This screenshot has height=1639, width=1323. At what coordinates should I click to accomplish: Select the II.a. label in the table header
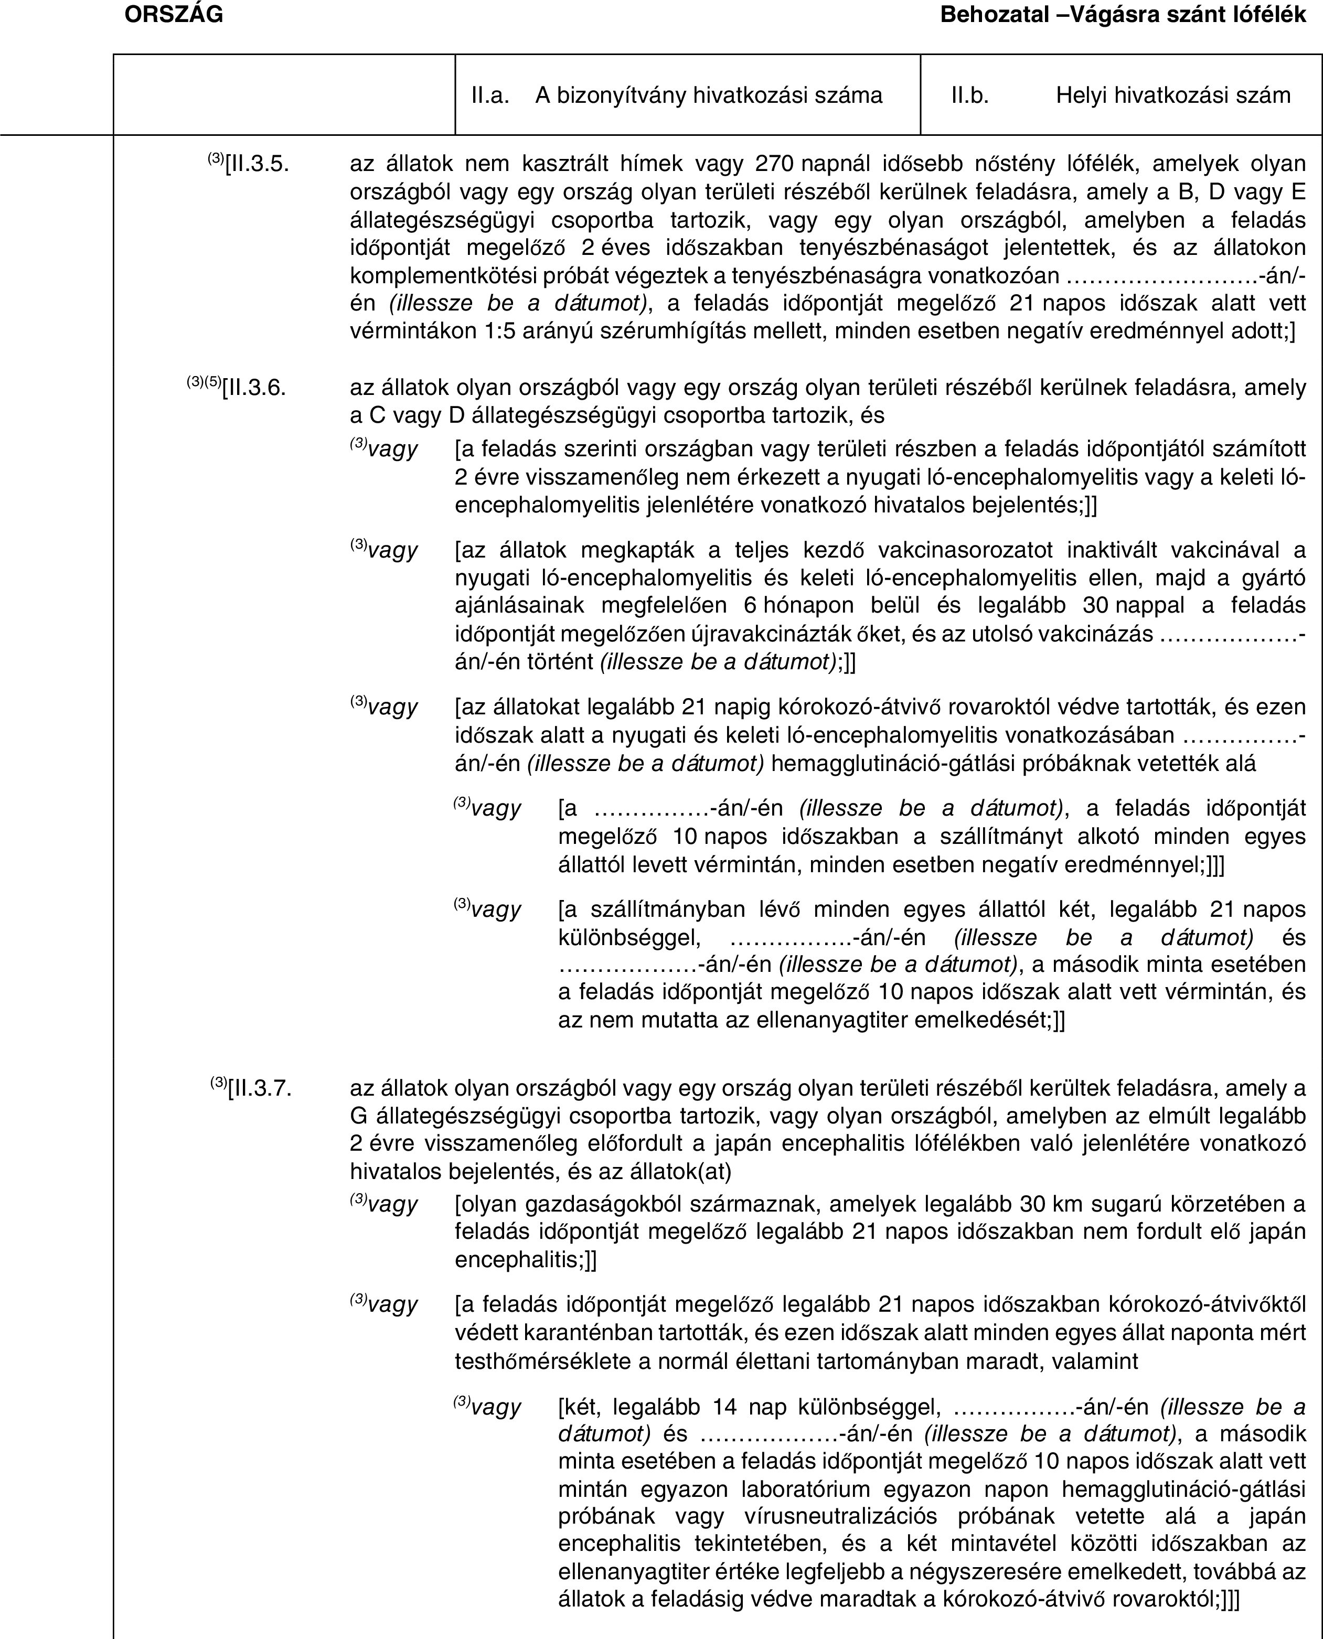pos(490,95)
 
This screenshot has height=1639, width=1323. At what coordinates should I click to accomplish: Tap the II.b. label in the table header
pos(969,95)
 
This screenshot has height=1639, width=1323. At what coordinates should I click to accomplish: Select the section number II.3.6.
pos(255,388)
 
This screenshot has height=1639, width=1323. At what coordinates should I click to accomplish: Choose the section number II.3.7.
pos(259,1087)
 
